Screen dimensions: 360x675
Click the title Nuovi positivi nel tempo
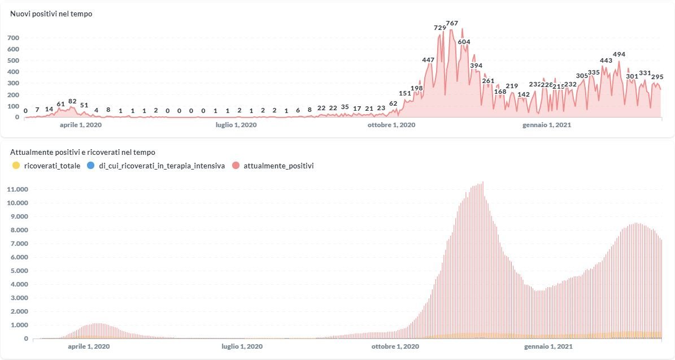[x=51, y=14]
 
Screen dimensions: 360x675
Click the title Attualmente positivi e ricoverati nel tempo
[x=83, y=152]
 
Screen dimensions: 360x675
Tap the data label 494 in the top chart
[x=619, y=54]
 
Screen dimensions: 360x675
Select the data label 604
[x=464, y=42]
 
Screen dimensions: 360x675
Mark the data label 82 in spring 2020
[x=72, y=101]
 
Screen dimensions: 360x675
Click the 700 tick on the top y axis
[x=14, y=38]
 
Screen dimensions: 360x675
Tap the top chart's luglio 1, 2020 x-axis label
[x=236, y=125]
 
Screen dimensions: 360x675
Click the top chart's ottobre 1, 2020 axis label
[x=391, y=125]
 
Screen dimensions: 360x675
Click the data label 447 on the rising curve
[x=428, y=60]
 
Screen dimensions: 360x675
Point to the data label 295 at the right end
[x=657, y=77]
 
